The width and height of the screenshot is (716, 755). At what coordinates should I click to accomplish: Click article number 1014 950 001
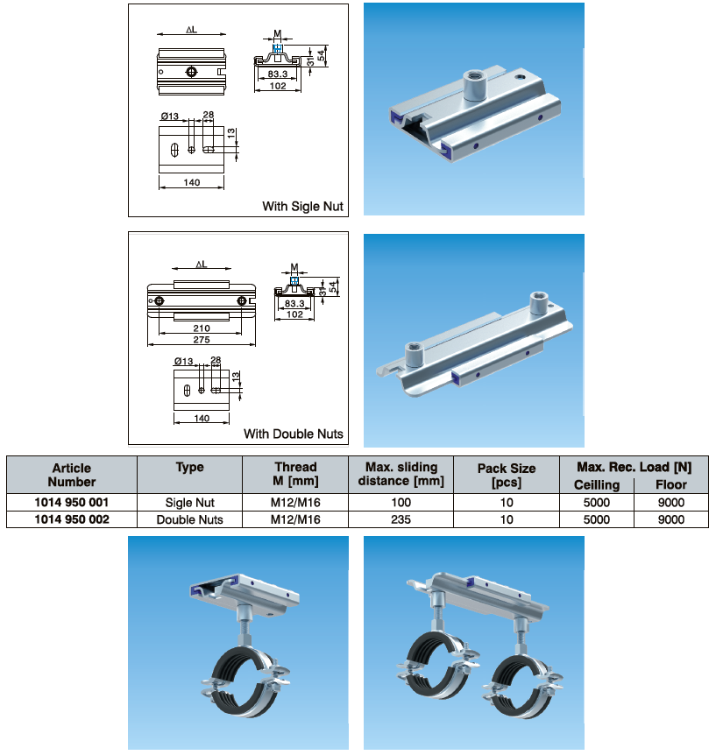pos(72,502)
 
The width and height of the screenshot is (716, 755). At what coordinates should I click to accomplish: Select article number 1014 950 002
pos(72,519)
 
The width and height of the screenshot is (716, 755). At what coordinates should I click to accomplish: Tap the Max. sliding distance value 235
pos(401,519)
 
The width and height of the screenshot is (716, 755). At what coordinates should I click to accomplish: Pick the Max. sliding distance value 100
pos(401,502)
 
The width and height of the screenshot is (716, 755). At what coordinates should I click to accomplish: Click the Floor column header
pos(671,484)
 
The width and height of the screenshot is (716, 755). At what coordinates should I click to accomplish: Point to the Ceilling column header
pos(597,485)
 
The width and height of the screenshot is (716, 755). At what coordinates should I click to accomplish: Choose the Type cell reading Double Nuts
pos(190,519)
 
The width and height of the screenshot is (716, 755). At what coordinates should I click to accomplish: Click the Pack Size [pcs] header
pos(507,475)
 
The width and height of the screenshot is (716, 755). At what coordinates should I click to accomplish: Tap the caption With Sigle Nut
pos(302,206)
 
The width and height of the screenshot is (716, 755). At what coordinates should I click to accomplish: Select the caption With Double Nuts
pos(294,434)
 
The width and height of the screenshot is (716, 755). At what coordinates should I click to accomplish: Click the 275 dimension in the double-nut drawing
pos(202,340)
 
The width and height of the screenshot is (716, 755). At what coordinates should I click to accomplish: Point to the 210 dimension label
pos(202,328)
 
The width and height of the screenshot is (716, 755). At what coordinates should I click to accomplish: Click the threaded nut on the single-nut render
pos(476,84)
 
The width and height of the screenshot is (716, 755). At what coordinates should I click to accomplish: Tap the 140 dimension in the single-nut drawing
pos(191,182)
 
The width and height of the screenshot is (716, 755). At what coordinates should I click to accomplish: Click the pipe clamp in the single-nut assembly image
pos(245,676)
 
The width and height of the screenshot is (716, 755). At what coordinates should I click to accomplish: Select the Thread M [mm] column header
pos(295,474)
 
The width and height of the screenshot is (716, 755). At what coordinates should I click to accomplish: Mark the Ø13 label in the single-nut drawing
pos(170,116)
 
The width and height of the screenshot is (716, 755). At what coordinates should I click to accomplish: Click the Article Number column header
pos(72,475)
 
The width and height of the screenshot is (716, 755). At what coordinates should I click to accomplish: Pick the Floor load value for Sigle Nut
pos(671,502)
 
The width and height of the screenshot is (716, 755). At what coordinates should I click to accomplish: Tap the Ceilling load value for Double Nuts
pos(597,519)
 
